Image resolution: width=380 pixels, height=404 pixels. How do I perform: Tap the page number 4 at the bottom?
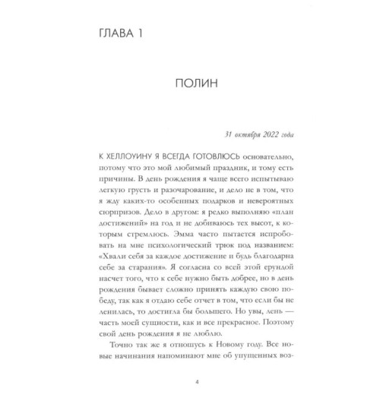pyautogui.click(x=190, y=395)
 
